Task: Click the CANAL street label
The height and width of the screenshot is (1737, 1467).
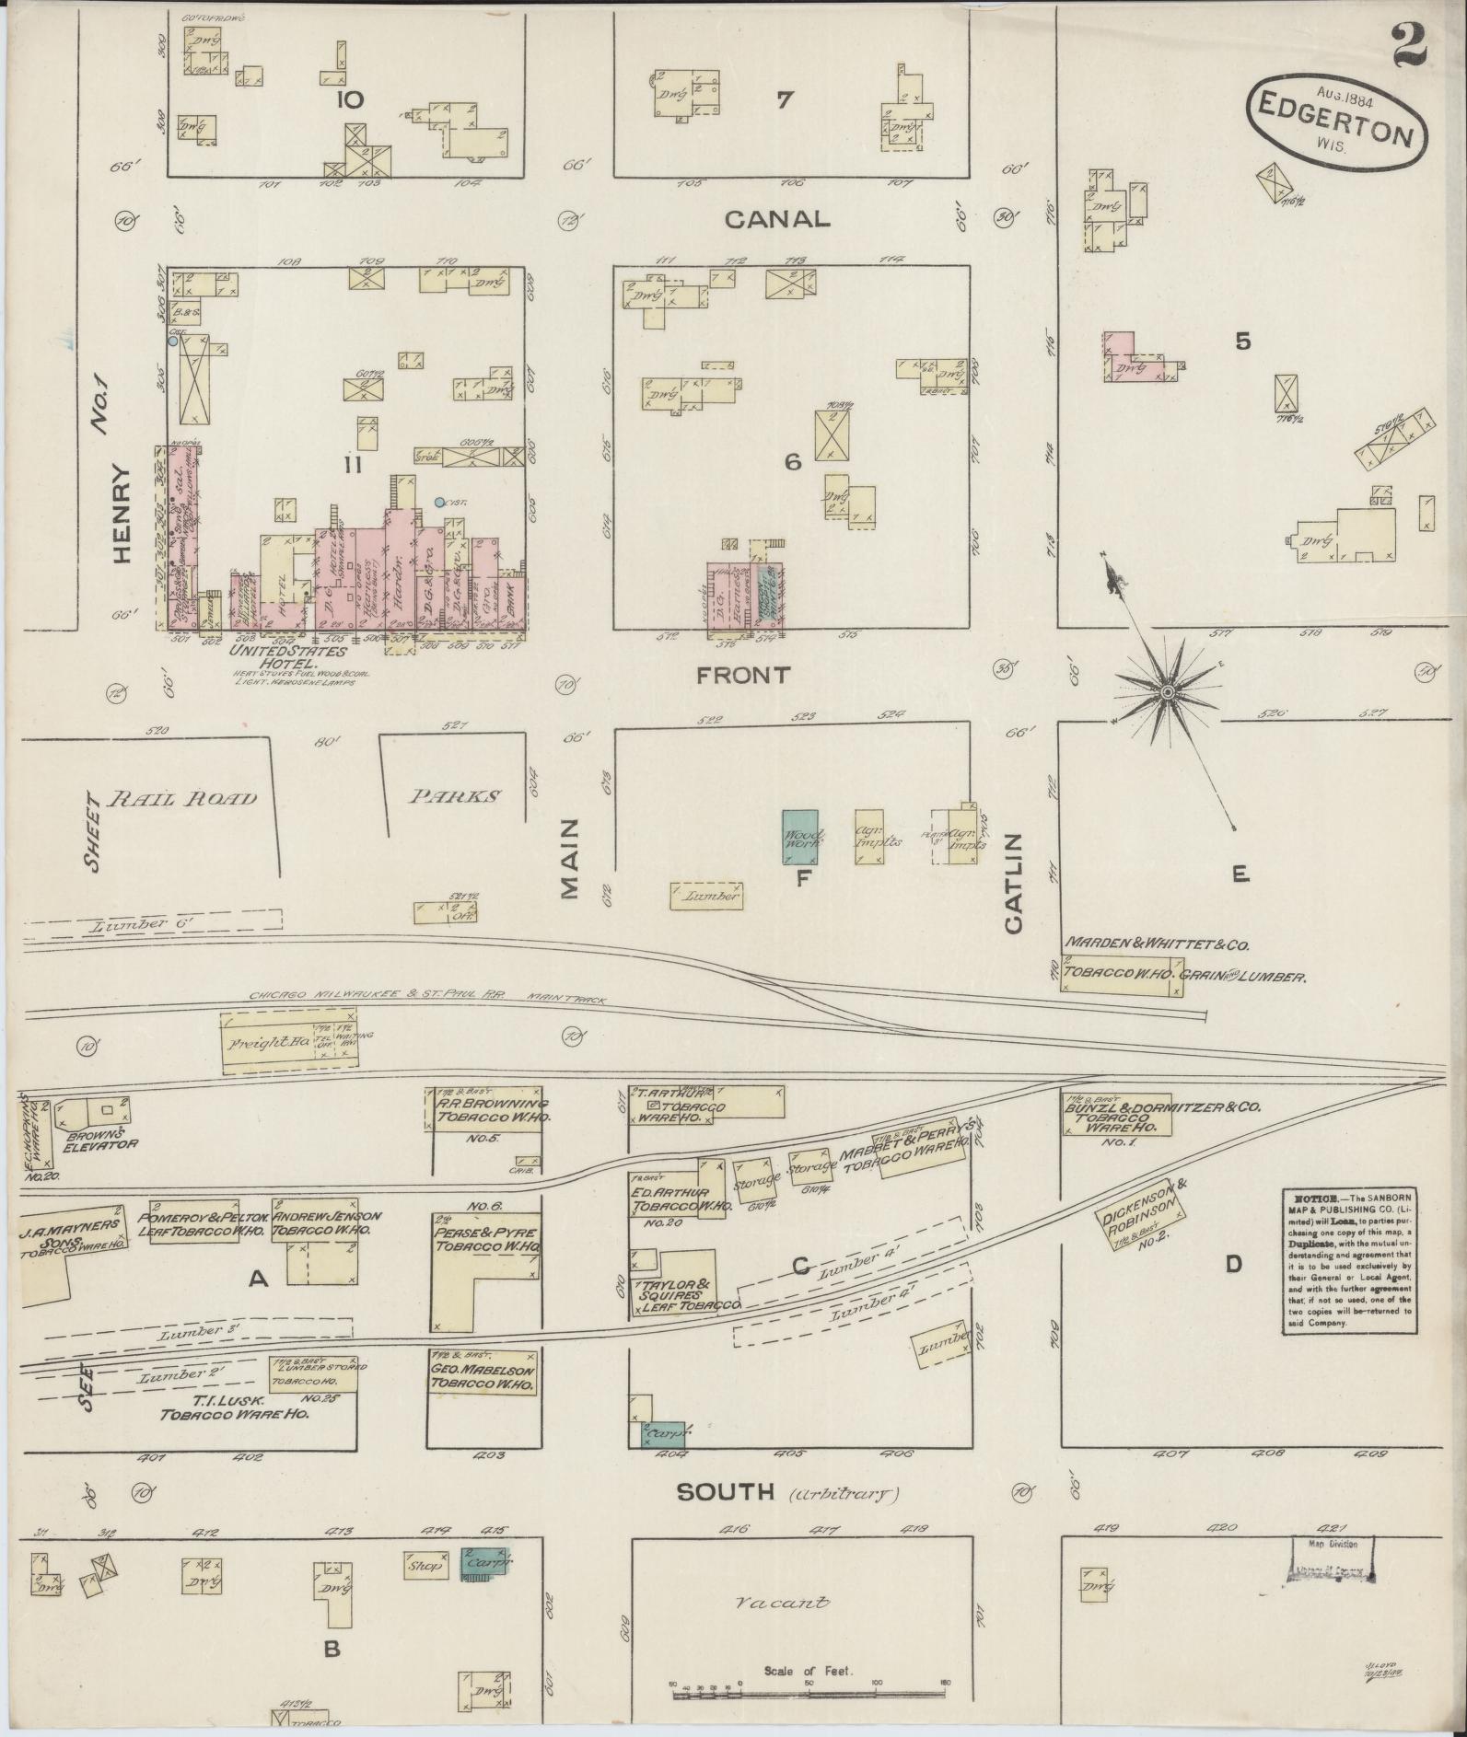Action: click(x=776, y=219)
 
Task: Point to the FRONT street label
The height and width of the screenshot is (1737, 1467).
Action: click(x=742, y=675)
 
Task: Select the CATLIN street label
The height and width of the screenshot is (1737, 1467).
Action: click(x=1013, y=883)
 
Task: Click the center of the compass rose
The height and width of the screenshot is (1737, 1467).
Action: click(x=1167, y=691)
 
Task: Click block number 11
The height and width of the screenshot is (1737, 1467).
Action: click(x=353, y=466)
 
